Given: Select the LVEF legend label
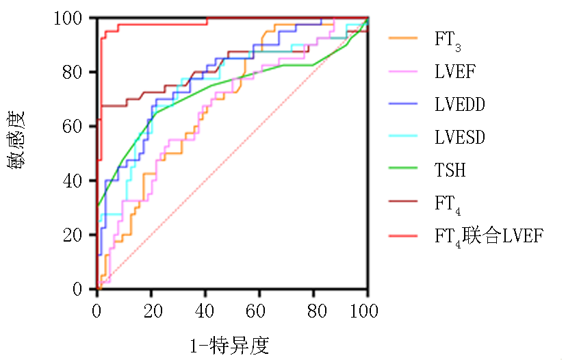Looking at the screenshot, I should point(454,71).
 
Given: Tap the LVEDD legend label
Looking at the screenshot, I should point(459,104).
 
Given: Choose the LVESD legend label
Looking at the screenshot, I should point(459,137).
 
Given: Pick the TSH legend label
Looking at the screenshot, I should point(450,170).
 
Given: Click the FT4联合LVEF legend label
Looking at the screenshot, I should point(489,237).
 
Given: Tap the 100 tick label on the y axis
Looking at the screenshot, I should point(70,18).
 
